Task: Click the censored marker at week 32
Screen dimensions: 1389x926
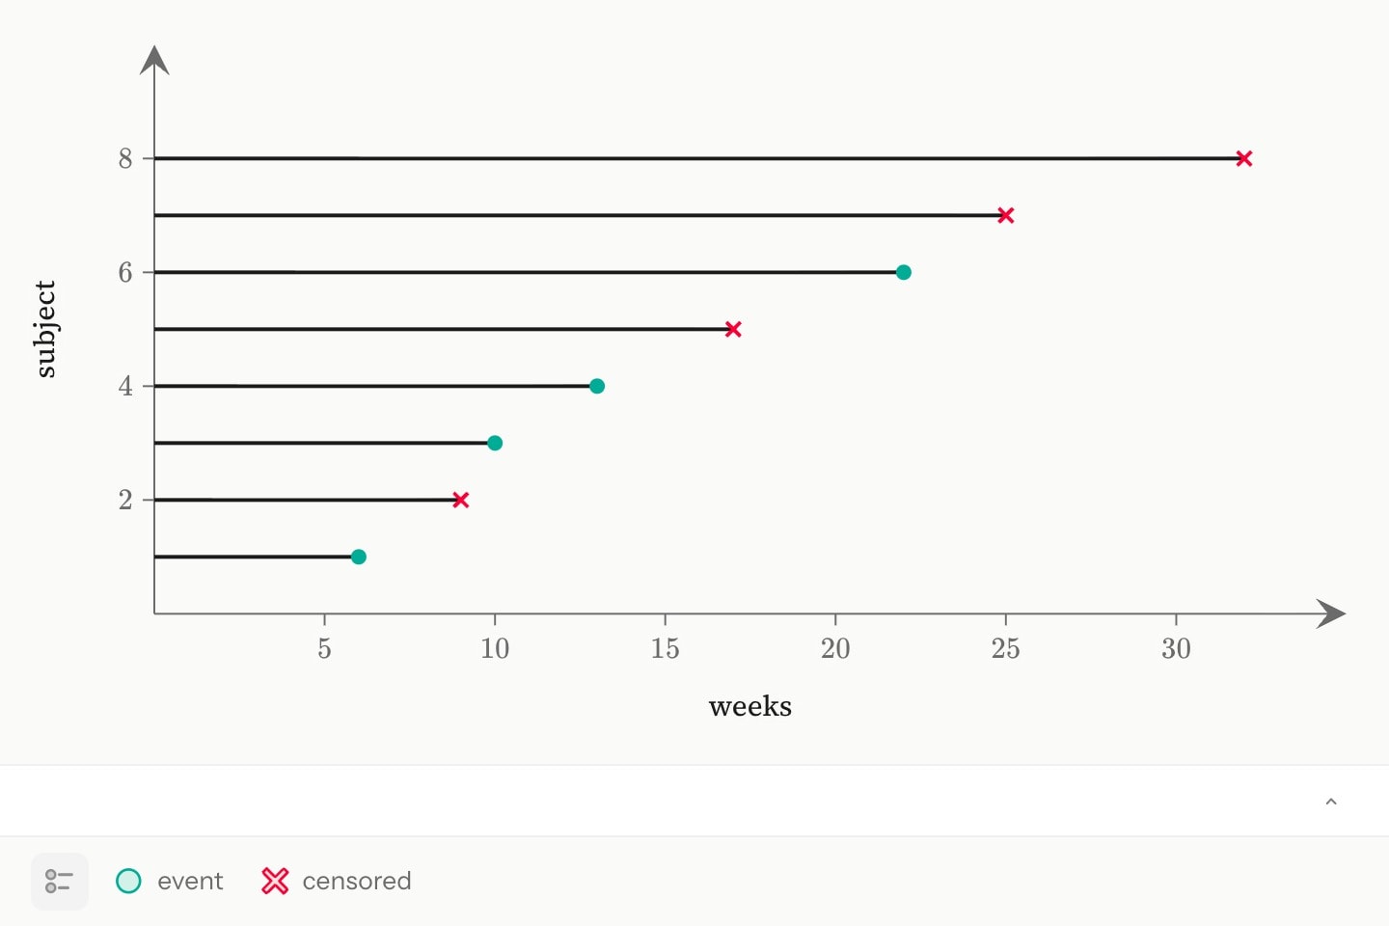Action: pos(1244,159)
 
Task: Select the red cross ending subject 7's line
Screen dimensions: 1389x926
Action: pos(1006,215)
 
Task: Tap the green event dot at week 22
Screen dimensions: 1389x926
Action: pos(904,272)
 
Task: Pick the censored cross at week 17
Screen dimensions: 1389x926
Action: pos(733,329)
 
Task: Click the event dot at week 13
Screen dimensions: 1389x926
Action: pos(597,387)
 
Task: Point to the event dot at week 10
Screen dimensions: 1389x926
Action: pos(495,443)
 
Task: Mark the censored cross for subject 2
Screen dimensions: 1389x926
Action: pos(461,500)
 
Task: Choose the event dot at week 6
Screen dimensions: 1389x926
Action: pos(359,557)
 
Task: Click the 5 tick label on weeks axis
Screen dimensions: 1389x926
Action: pos(324,649)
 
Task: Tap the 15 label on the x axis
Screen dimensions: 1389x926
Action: pos(666,649)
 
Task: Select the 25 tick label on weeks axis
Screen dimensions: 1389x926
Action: pos(1006,649)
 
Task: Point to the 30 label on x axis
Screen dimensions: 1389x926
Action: pos(1177,649)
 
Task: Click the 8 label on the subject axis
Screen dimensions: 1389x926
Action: pos(125,159)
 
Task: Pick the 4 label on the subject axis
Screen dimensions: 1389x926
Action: pos(125,387)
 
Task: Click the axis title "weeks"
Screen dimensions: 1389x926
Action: pos(750,706)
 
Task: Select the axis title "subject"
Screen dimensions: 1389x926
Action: pos(45,329)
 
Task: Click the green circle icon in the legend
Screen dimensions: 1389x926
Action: pos(128,881)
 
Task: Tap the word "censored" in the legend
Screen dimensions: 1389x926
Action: pos(357,881)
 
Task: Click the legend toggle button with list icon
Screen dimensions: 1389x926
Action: pos(60,881)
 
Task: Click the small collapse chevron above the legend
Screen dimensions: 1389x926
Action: pos(1331,802)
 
